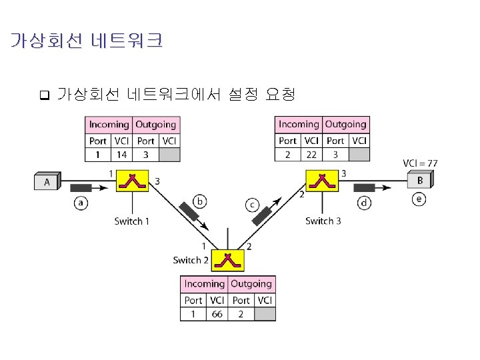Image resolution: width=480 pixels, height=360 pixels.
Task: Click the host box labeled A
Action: [x=47, y=181]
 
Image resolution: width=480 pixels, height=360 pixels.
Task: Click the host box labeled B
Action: [x=419, y=180]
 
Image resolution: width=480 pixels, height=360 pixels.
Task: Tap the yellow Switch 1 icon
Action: [x=133, y=181]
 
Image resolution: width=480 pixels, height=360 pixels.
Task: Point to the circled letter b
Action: [x=199, y=201]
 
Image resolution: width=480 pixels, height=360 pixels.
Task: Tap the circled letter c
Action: [x=253, y=205]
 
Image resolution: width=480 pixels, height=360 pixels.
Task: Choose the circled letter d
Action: [x=364, y=203]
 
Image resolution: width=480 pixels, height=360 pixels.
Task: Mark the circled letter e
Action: [x=419, y=199]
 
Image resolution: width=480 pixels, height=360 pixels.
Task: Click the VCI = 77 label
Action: [x=420, y=163]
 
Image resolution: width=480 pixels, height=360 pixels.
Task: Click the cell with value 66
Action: [x=217, y=314]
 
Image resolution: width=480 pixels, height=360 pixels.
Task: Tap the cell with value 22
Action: [x=311, y=155]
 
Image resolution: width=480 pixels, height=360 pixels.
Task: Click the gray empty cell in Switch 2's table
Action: [x=264, y=314]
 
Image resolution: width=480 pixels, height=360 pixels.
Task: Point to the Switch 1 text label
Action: [x=132, y=221]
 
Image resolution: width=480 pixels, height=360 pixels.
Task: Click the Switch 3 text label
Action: [x=323, y=221]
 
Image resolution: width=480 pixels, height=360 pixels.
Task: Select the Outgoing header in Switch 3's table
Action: [x=345, y=124]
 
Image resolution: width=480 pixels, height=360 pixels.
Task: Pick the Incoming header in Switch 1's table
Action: [x=109, y=124]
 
